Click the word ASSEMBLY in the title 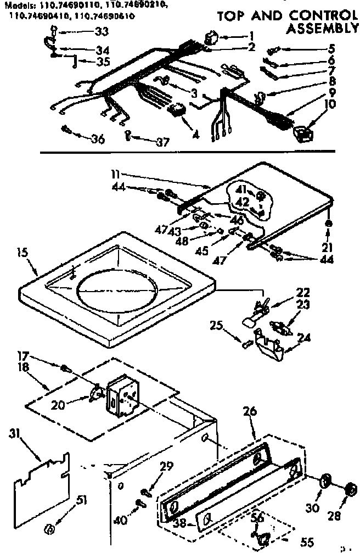coord(324,27)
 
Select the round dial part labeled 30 coord(324,482)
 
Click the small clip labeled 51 coord(49,529)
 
